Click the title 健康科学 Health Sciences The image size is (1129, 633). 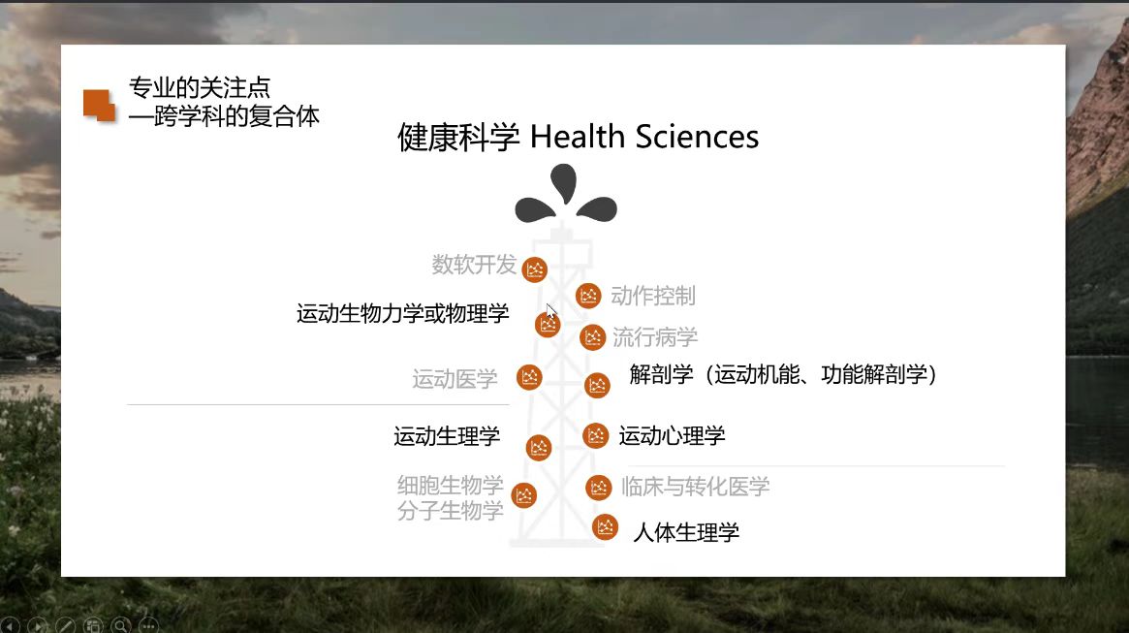point(578,137)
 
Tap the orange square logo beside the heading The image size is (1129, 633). point(99,105)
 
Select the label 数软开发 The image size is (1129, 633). point(474,264)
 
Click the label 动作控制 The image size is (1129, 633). point(652,296)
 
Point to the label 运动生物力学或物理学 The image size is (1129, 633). point(402,314)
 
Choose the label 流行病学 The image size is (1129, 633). point(654,337)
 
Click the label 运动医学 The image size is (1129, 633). point(455,379)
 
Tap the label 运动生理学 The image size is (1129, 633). point(447,436)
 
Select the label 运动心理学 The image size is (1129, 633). point(672,436)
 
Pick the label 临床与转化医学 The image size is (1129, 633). point(695,487)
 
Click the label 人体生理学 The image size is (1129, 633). point(685,532)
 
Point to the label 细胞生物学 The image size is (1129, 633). point(450,484)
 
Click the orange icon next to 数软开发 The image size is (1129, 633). point(535,269)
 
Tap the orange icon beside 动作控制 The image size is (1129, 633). point(588,296)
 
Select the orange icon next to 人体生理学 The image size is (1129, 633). point(606,526)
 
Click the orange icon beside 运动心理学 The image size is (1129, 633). point(596,435)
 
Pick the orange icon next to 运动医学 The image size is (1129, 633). point(529,377)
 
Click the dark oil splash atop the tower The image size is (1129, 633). point(565,194)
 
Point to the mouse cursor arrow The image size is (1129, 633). point(550,311)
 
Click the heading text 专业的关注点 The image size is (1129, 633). point(199,88)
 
